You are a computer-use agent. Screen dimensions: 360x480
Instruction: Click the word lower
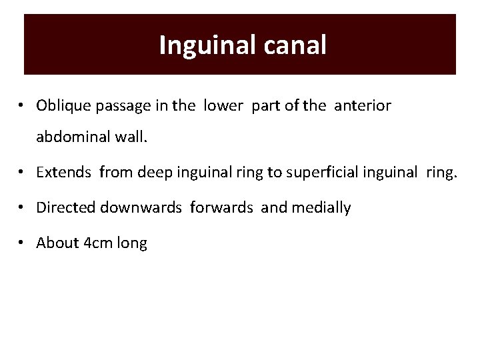pyautogui.click(x=225, y=105)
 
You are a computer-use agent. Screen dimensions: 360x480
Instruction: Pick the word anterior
pyautogui.click(x=363, y=105)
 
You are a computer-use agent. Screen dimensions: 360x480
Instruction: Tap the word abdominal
pyautogui.click(x=69, y=139)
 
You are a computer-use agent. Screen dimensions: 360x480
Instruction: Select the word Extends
pyautogui.click(x=65, y=173)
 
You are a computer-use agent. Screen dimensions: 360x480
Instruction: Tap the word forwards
pyautogui.click(x=223, y=208)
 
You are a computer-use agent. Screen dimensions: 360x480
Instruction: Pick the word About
pyautogui.click(x=57, y=243)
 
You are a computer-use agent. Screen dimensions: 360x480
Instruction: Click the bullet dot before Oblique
pyautogui.click(x=23, y=106)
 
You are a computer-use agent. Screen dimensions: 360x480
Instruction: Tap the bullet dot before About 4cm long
pyautogui.click(x=23, y=243)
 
